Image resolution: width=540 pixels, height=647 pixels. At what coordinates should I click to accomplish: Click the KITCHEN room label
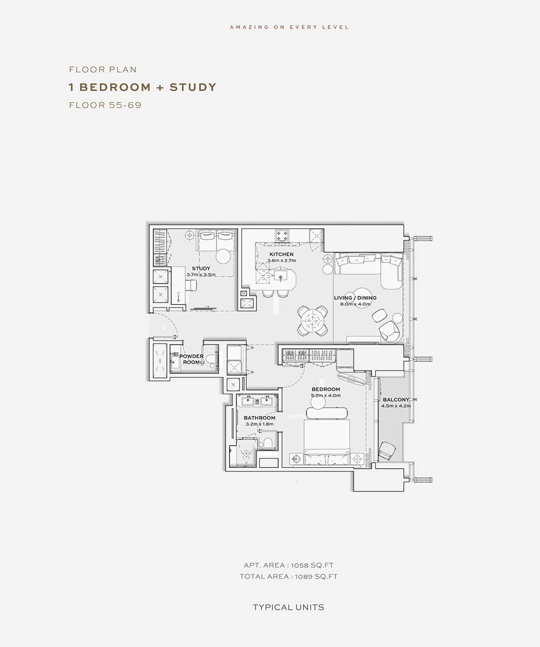click(x=281, y=254)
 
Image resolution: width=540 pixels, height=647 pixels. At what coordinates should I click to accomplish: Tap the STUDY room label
click(x=201, y=268)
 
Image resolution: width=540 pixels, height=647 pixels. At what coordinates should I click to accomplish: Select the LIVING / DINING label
click(x=355, y=298)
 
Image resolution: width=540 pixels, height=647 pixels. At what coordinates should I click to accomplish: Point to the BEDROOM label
click(x=326, y=389)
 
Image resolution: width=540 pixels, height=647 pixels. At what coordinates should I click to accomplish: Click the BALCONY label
click(x=396, y=400)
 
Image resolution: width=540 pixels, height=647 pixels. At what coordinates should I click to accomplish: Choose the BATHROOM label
click(x=260, y=417)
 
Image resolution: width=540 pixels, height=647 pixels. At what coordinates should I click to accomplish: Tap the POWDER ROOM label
click(x=191, y=359)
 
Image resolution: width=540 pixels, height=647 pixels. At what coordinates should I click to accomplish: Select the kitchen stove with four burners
click(x=282, y=235)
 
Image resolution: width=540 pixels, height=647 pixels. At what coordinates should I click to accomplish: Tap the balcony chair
click(x=387, y=450)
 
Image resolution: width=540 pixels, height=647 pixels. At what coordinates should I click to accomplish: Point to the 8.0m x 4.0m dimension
click(x=355, y=304)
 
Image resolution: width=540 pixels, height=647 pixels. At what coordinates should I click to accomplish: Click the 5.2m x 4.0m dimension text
click(x=326, y=395)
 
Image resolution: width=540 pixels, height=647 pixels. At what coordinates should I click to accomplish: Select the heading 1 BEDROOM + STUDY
click(x=143, y=87)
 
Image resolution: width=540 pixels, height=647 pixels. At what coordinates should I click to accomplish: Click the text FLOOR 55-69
click(x=105, y=105)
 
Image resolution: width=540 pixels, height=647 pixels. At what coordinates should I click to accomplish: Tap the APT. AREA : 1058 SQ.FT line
click(x=288, y=565)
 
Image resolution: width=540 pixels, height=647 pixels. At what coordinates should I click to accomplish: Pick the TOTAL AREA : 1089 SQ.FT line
click(x=288, y=576)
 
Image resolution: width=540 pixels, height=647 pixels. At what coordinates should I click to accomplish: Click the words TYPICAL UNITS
click(x=288, y=608)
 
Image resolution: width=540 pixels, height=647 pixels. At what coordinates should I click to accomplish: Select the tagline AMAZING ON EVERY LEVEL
click(x=289, y=27)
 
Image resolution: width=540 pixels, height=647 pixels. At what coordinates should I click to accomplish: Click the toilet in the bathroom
click(x=267, y=443)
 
